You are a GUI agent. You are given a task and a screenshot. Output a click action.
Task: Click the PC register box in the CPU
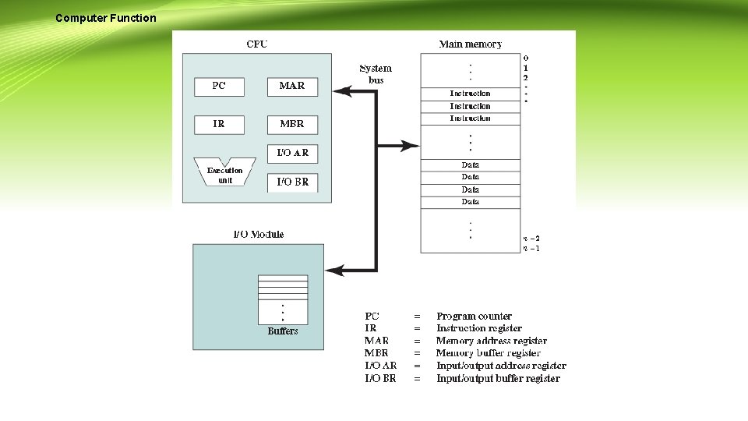[219, 87]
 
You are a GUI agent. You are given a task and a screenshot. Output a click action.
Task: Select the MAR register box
[292, 87]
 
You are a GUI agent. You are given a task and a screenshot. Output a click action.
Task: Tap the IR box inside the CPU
[219, 124]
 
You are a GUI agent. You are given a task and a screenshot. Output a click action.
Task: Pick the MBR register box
[292, 124]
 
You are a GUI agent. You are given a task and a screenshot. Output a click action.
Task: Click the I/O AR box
[292, 153]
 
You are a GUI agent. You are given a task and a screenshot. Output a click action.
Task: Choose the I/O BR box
[292, 182]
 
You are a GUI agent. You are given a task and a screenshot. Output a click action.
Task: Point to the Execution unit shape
[224, 175]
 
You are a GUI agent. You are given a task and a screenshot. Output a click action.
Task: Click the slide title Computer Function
[106, 18]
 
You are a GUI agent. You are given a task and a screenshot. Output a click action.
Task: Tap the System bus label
[376, 74]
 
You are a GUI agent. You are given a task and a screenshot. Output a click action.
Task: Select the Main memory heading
[471, 44]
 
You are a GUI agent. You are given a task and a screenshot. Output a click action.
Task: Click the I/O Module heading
[259, 234]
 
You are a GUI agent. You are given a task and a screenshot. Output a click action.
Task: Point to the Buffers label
[283, 331]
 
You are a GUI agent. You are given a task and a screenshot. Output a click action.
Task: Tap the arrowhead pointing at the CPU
[340, 92]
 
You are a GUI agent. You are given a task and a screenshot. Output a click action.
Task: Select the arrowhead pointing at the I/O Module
[333, 270]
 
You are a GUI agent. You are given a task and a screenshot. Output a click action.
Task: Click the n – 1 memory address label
[531, 249]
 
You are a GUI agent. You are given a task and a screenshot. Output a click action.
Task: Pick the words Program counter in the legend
[474, 317]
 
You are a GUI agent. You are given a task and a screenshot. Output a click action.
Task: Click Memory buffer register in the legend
[488, 353]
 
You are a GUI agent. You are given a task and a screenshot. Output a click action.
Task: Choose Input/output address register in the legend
[501, 366]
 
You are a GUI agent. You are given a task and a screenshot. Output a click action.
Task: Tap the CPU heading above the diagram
[256, 44]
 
